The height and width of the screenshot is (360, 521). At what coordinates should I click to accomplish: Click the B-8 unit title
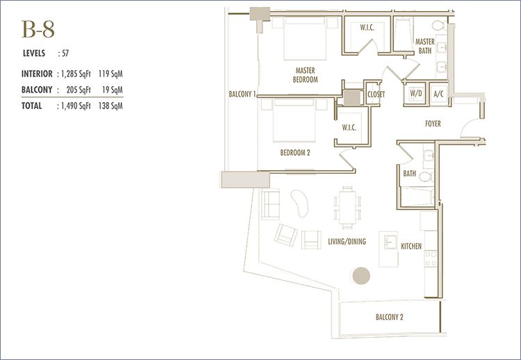(38, 29)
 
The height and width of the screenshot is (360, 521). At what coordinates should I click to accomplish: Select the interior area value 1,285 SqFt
(76, 74)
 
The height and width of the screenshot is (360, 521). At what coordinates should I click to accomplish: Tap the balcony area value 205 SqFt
(78, 90)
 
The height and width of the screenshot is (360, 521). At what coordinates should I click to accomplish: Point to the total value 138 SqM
(110, 106)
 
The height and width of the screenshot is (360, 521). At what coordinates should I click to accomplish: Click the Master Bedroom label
(305, 75)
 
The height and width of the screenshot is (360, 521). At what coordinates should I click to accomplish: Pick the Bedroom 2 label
(295, 153)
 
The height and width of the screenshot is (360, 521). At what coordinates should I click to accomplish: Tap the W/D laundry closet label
(415, 93)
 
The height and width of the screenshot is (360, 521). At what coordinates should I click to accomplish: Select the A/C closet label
(438, 94)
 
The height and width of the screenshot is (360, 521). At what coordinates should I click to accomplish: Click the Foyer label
(433, 124)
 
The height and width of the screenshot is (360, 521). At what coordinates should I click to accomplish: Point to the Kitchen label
(411, 246)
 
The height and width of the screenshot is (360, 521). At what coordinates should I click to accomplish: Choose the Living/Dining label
(347, 242)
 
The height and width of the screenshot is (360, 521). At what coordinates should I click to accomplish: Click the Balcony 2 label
(390, 317)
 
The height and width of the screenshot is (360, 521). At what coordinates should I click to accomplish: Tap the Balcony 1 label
(242, 94)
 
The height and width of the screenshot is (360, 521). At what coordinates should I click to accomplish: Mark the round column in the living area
(361, 276)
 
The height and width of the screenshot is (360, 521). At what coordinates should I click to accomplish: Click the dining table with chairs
(347, 208)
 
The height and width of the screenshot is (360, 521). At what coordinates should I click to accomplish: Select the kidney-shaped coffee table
(299, 204)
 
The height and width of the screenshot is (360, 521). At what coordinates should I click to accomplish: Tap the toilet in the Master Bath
(440, 26)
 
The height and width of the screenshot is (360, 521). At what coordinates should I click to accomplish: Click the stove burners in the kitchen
(431, 259)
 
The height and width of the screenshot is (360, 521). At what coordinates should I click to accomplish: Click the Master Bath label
(425, 46)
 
